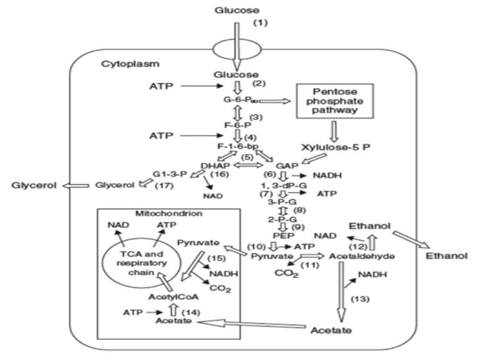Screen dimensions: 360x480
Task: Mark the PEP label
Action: click(x=271, y=236)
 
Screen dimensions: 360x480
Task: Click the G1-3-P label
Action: click(x=167, y=175)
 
